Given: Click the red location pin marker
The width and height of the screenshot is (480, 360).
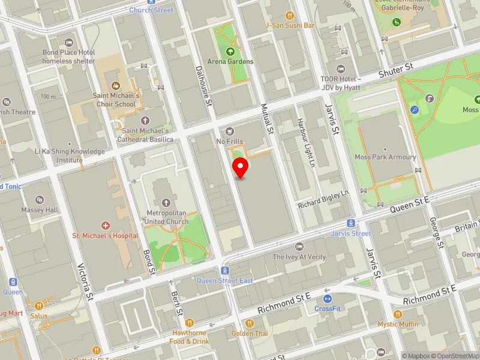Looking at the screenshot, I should [x=241, y=167].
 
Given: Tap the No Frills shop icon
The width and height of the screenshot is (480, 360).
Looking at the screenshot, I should [x=229, y=131].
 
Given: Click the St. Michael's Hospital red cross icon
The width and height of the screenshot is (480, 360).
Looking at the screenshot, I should [x=106, y=226].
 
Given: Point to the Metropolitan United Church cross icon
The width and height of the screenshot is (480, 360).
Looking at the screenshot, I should [x=165, y=202].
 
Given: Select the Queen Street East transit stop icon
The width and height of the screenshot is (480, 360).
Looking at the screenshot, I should [x=225, y=271].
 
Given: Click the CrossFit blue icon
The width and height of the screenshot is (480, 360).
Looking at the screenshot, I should [x=327, y=299].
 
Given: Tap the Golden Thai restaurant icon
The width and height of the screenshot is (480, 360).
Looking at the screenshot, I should [x=249, y=323].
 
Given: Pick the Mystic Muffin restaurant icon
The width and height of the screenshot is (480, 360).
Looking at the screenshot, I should [x=397, y=314].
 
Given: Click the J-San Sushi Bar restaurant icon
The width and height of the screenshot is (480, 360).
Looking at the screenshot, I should [x=290, y=16].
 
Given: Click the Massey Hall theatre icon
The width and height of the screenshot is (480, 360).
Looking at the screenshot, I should [x=40, y=199].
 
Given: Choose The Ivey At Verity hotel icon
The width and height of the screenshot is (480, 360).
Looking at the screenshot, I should [x=299, y=247].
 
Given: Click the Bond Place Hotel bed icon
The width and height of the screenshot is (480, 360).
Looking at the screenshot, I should [x=68, y=42].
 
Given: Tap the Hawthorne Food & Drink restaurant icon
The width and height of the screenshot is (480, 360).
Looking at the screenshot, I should [x=189, y=323].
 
